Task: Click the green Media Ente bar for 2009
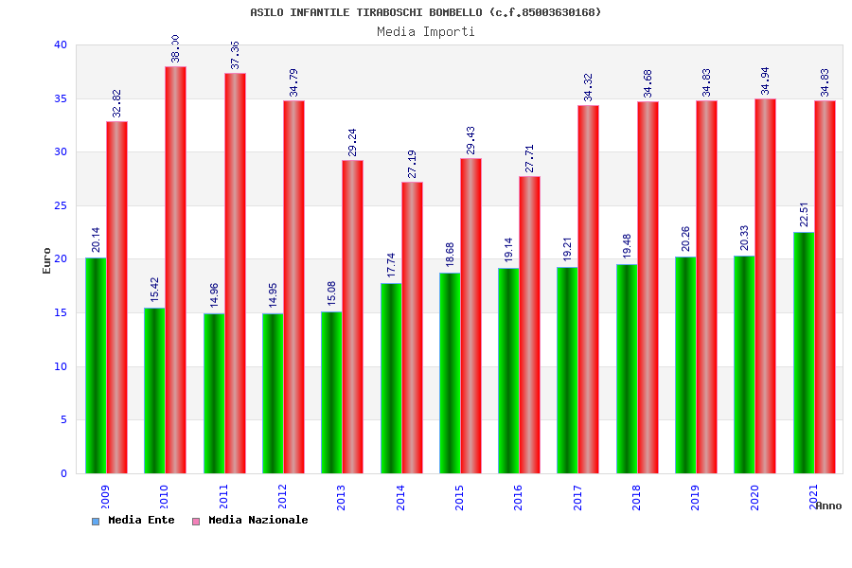96,365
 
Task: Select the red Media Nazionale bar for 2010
175,270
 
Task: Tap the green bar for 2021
804,352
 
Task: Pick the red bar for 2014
412,328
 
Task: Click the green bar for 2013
331,392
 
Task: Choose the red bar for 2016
529,325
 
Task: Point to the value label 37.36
236,54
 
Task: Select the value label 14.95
273,294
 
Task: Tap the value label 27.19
412,164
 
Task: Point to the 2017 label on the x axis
577,498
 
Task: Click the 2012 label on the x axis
283,498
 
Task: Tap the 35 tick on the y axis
61,98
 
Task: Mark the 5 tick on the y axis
63,419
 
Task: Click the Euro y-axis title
47,260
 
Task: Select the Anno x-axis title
828,506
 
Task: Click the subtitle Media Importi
426,31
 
